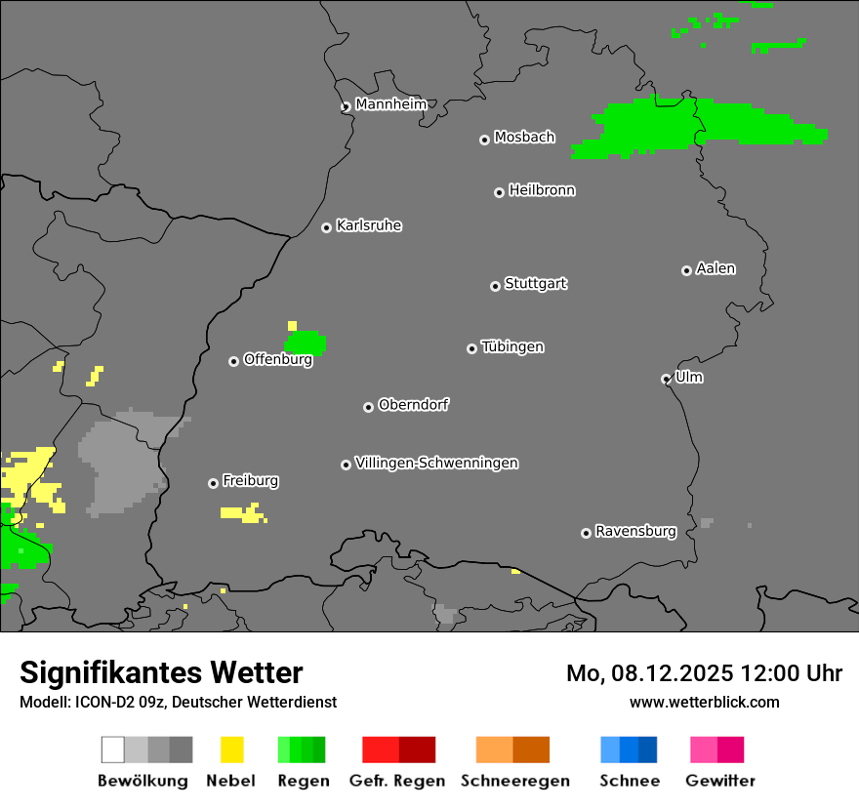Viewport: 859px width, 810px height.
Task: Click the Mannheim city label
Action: click(390, 104)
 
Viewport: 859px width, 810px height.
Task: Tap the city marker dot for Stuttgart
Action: click(495, 286)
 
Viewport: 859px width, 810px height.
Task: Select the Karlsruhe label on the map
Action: click(368, 225)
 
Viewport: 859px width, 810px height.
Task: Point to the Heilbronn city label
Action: click(541, 190)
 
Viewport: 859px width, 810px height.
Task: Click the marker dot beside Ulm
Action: click(666, 379)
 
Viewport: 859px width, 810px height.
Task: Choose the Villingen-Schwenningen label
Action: click(436, 463)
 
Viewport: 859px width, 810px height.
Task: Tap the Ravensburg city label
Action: click(635, 532)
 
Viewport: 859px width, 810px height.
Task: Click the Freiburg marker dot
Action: click(213, 483)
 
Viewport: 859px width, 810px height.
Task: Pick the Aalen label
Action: click(716, 268)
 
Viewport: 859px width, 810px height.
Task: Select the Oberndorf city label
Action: click(413, 405)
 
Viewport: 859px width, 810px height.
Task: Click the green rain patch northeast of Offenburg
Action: click(306, 343)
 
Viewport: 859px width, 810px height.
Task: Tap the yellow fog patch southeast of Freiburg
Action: click(241, 513)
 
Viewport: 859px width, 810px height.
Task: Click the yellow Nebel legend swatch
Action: click(231, 749)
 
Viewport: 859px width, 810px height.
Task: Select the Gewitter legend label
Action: click(719, 781)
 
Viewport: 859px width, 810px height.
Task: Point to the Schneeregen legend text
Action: click(514, 781)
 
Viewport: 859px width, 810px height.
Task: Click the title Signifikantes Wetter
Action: click(161, 672)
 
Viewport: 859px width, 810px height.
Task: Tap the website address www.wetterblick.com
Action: click(704, 702)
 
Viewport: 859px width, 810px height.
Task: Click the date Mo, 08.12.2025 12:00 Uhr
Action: click(704, 673)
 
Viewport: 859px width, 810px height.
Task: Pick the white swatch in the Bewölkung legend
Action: click(113, 749)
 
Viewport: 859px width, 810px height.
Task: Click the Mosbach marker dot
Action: click(484, 140)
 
